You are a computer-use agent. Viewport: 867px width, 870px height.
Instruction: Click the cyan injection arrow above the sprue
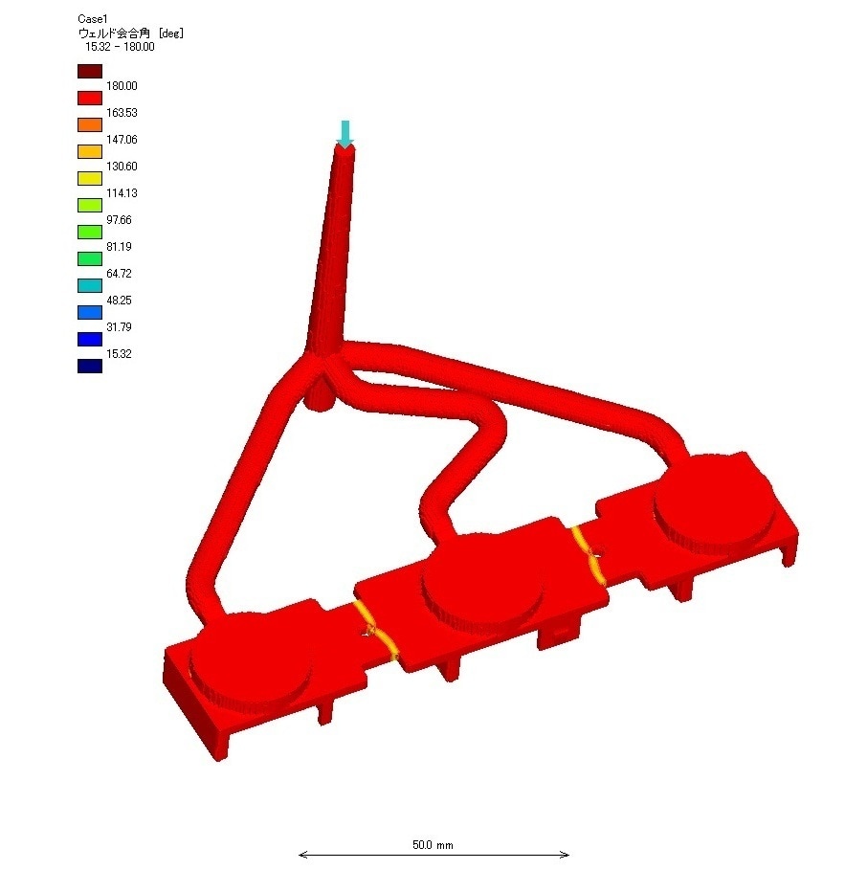pyautogui.click(x=345, y=134)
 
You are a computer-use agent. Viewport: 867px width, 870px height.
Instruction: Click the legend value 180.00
pyautogui.click(x=122, y=86)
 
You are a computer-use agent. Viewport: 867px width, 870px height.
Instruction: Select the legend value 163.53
pyautogui.click(x=122, y=113)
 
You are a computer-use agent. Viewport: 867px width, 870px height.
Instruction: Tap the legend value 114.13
pyautogui.click(x=122, y=193)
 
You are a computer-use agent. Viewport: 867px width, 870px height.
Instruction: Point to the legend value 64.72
pyautogui.click(x=119, y=274)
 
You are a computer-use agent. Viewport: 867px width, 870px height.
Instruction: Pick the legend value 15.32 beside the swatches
pyautogui.click(x=119, y=354)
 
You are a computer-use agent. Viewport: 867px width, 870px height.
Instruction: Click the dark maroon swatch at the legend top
pyautogui.click(x=90, y=72)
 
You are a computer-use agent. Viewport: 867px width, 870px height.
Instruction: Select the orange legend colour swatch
pyautogui.click(x=90, y=124)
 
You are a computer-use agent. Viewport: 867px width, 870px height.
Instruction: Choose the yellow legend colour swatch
pyautogui.click(x=90, y=179)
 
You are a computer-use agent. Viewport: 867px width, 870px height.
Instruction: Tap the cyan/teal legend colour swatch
pyautogui.click(x=90, y=286)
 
